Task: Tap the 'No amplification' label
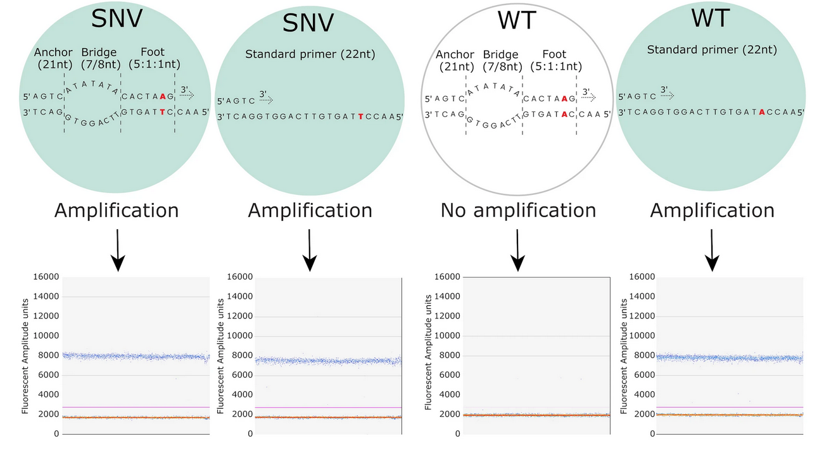tap(518, 210)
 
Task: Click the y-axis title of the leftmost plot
tap(25, 354)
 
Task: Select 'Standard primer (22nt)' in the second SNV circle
tap(310, 54)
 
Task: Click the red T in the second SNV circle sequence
tap(361, 116)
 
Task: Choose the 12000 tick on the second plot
tap(240, 316)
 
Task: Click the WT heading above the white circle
tap(518, 20)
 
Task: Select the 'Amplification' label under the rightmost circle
tap(712, 210)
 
